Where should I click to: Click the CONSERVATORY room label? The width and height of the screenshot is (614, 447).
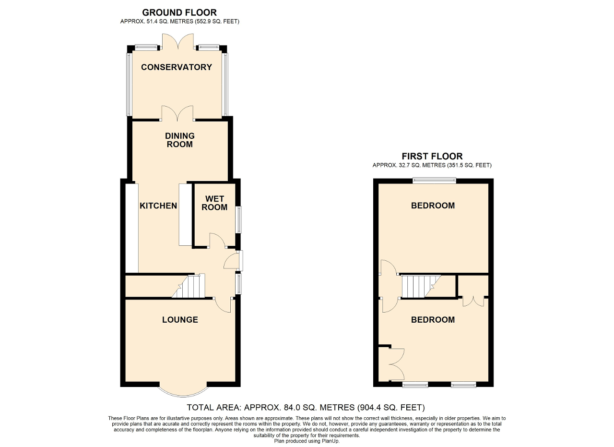(x=176, y=67)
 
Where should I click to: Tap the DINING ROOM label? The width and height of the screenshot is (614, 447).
(x=180, y=140)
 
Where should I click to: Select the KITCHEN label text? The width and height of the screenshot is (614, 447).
(x=158, y=206)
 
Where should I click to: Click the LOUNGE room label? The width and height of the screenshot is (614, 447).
(x=180, y=320)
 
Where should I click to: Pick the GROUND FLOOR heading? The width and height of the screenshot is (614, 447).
(x=179, y=12)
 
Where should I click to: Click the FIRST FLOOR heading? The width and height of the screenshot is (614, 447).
(x=432, y=156)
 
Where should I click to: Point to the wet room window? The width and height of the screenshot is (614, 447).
(x=238, y=220)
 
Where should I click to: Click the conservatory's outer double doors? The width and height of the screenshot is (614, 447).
(x=178, y=42)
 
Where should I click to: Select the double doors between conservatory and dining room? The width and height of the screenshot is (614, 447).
(x=177, y=113)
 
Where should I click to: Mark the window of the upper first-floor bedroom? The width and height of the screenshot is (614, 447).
(x=435, y=181)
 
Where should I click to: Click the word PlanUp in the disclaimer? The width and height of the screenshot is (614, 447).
(x=330, y=441)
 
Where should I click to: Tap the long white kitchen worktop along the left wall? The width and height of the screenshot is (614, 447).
(x=132, y=228)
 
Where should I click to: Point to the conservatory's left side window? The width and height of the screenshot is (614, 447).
(x=128, y=84)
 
